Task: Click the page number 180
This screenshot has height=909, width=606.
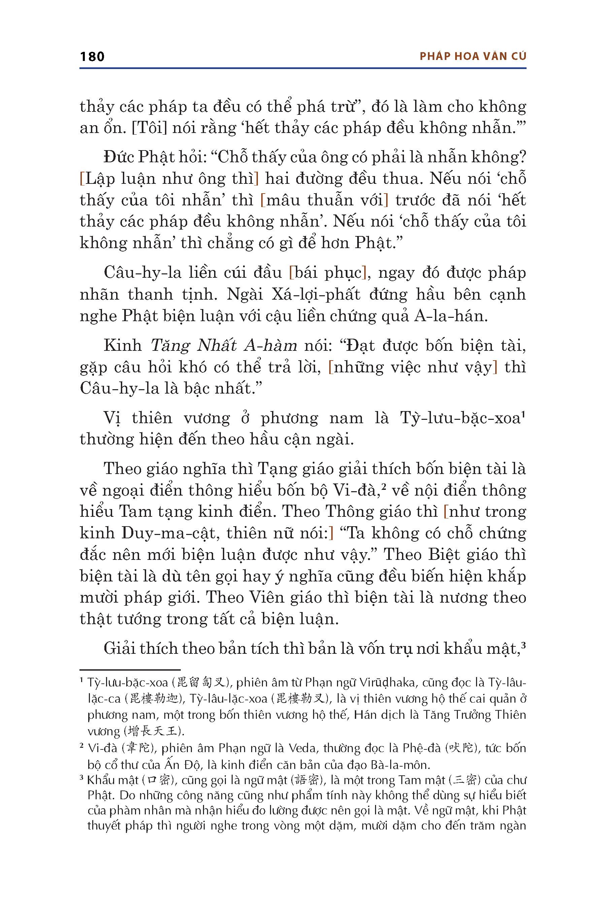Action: click(x=92, y=57)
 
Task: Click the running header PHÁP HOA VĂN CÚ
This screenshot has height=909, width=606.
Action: click(x=473, y=57)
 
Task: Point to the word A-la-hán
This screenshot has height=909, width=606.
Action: click(x=451, y=316)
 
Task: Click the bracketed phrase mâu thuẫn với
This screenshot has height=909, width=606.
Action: click(x=324, y=200)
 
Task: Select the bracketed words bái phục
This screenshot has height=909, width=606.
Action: click(x=327, y=273)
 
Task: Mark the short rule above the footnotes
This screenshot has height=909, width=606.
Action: click(x=130, y=670)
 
